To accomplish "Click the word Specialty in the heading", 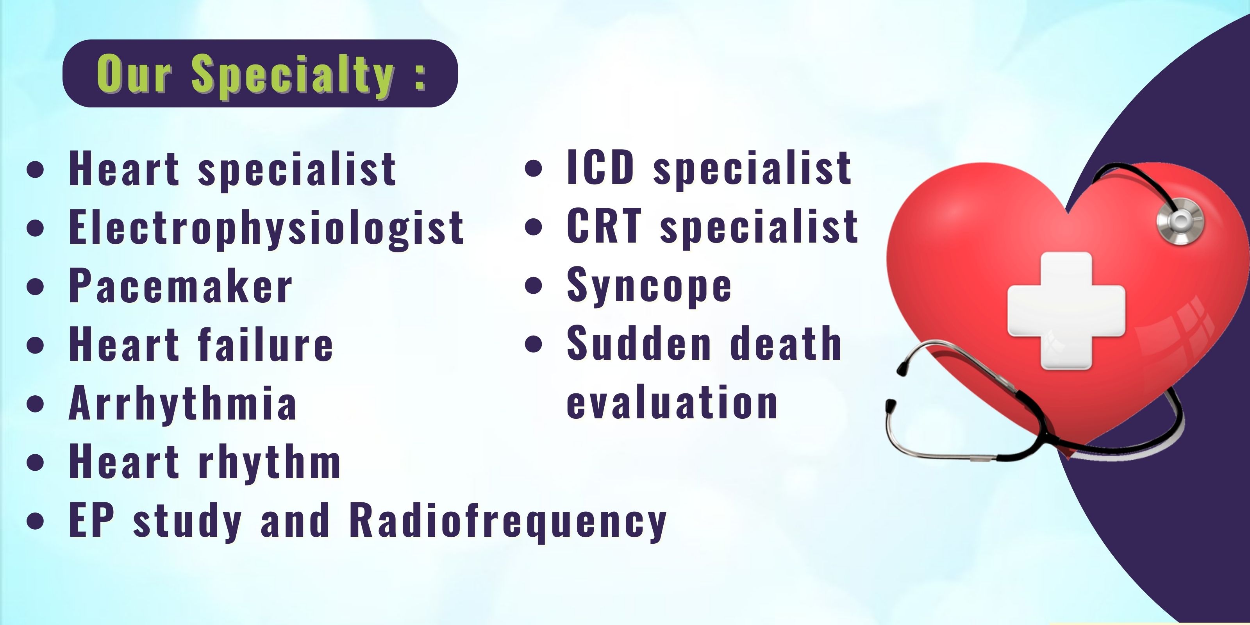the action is (x=293, y=76).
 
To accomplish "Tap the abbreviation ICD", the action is (x=601, y=167).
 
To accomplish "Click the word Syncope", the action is (x=649, y=286).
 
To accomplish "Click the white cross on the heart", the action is (x=1066, y=311).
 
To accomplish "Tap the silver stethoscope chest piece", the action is (x=1180, y=221).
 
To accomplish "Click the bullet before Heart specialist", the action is (x=36, y=170).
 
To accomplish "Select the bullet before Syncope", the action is (x=534, y=285).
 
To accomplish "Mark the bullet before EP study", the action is (x=36, y=521).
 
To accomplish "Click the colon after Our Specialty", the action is (x=420, y=78).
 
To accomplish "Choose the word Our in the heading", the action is (x=134, y=73).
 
